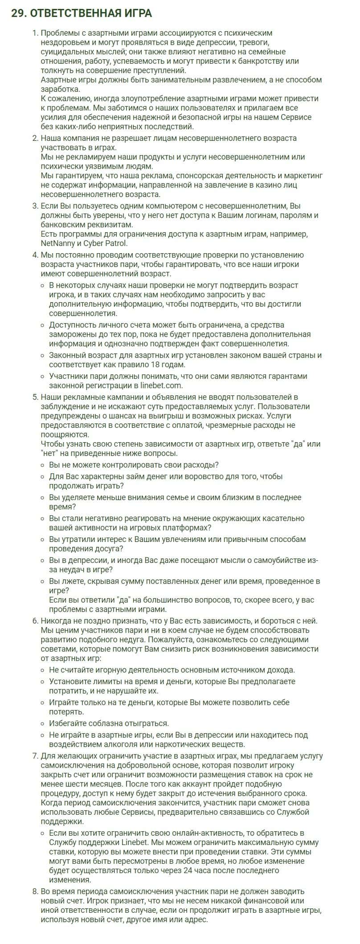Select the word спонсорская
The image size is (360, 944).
[x=189, y=176]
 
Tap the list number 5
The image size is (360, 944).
[x=36, y=397]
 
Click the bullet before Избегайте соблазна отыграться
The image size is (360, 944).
[x=42, y=723]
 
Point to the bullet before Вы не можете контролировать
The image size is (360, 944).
[x=42, y=465]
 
